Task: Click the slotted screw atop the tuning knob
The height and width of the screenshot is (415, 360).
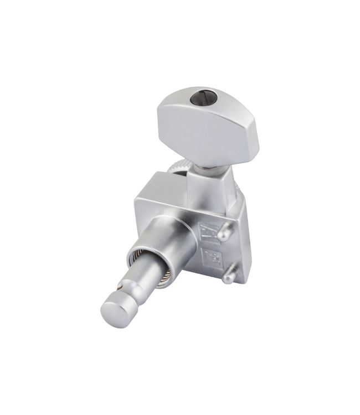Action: pyautogui.click(x=200, y=100)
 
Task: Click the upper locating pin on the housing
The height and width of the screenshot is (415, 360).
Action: pyautogui.click(x=225, y=234)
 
